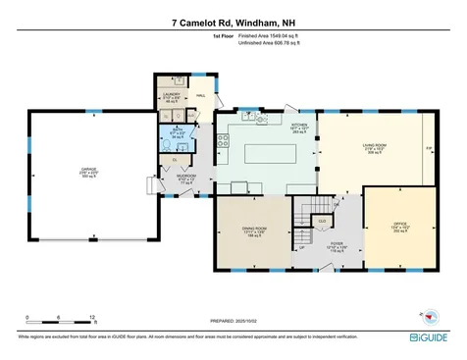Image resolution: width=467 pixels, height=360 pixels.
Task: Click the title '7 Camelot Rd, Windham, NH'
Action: click(x=233, y=21)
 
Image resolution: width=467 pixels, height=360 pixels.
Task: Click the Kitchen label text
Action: click(x=301, y=126)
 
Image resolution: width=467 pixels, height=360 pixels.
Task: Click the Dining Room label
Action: click(x=255, y=231)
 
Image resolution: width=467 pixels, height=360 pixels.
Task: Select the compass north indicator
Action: click(x=430, y=316)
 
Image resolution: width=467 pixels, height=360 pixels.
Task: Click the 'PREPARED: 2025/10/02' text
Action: click(x=233, y=320)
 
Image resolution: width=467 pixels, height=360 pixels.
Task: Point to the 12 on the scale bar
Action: click(x=91, y=317)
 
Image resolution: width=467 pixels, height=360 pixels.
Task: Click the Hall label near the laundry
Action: click(x=200, y=95)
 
